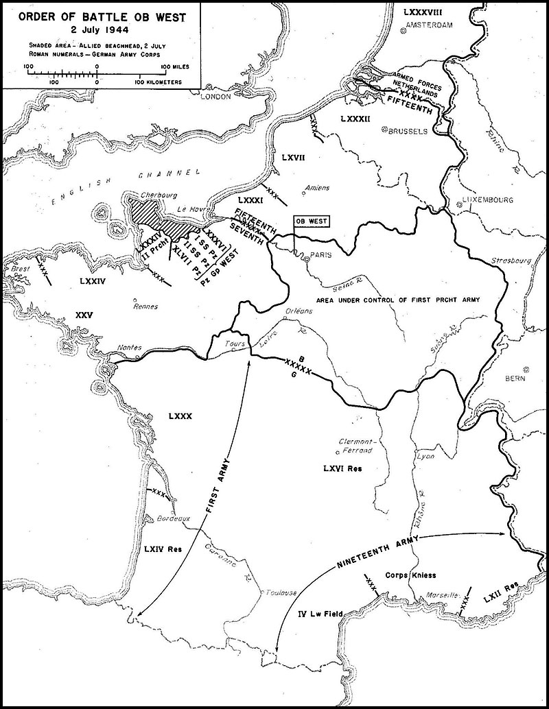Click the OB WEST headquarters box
pos(311,221)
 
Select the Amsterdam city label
pos(431,25)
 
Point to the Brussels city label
pos(409,130)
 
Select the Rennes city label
pos(144,307)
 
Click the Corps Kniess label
pos(411,575)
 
